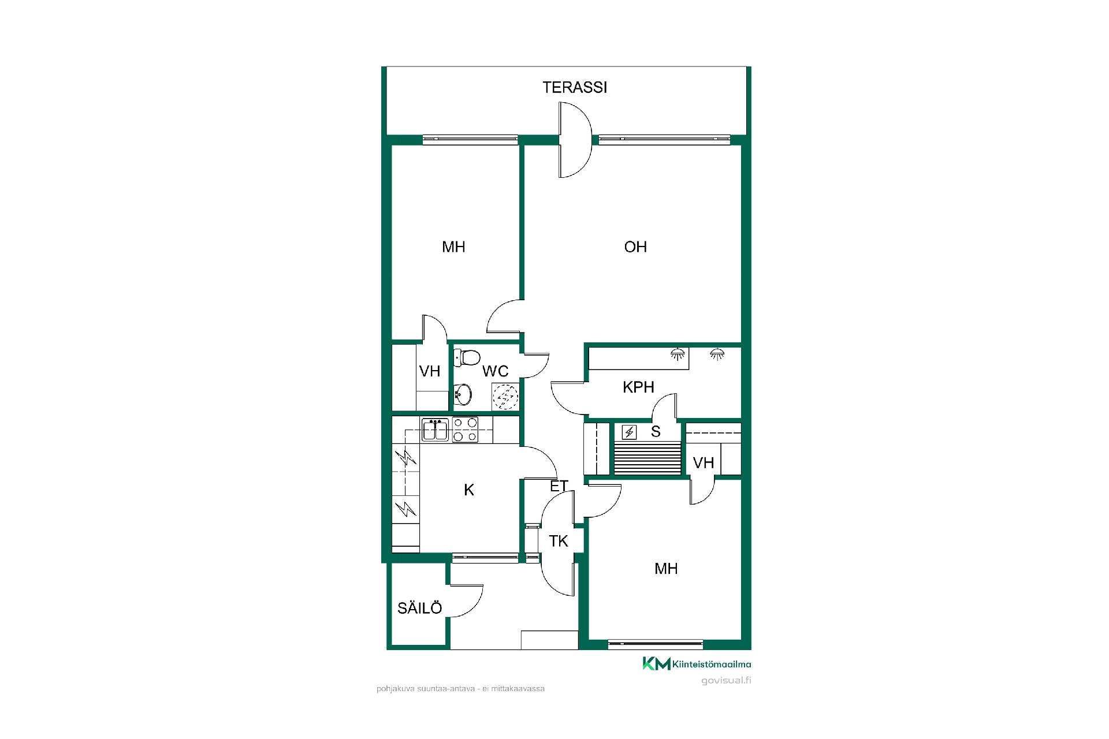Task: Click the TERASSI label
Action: (575, 87)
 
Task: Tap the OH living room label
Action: (635, 247)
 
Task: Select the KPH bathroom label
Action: (638, 387)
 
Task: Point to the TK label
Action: (559, 541)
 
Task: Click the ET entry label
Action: (559, 486)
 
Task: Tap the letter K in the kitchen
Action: (469, 490)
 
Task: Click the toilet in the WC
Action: (467, 358)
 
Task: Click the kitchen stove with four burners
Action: (466, 430)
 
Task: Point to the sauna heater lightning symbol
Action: (630, 432)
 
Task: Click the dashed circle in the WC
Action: (505, 397)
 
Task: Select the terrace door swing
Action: (575, 140)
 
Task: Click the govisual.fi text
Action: (726, 680)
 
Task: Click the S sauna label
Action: (656, 432)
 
